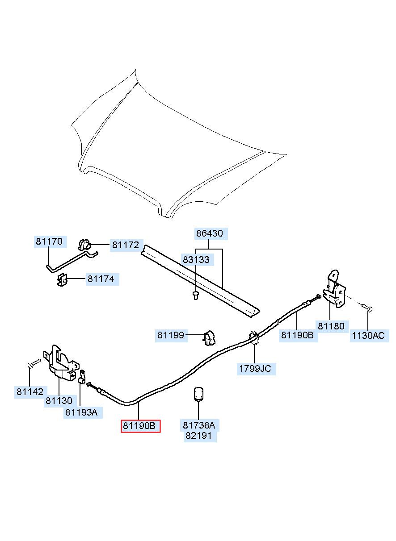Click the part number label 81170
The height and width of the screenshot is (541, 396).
(x=49, y=241)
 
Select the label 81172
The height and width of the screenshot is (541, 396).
(x=126, y=245)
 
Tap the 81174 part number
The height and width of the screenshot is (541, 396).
(x=101, y=279)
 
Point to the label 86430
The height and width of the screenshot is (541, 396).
(x=210, y=233)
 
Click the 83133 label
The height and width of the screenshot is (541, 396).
(x=196, y=259)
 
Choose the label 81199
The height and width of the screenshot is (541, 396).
(x=171, y=335)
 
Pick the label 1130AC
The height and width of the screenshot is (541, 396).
(x=368, y=336)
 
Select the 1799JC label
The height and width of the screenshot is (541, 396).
(x=255, y=369)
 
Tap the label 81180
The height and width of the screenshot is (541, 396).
(x=331, y=326)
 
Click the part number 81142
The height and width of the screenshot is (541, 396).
(x=30, y=392)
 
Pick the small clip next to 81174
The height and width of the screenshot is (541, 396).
(x=63, y=280)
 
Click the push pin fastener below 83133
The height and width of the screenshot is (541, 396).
(x=195, y=295)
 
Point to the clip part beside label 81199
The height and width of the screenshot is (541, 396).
(x=210, y=337)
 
